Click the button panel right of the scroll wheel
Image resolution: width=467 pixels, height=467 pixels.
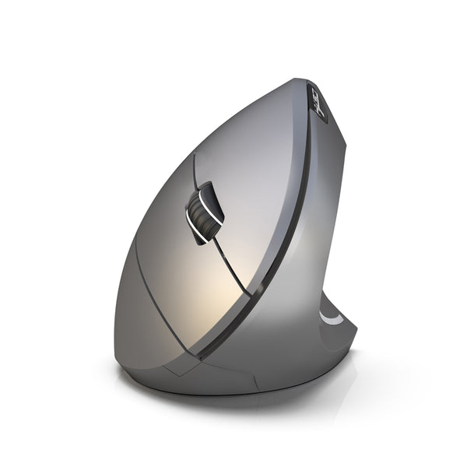(x=249, y=187)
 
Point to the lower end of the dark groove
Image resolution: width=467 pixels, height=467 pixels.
(x=205, y=354)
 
